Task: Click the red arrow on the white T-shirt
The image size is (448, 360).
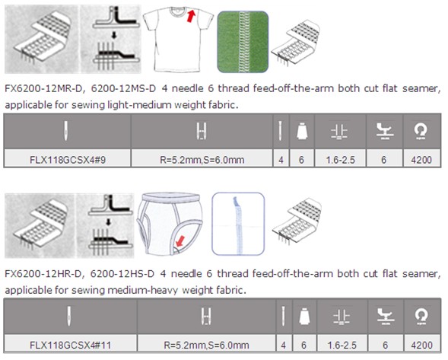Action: click(191, 16)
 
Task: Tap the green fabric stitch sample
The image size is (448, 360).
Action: click(243, 42)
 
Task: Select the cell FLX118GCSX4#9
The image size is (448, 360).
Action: click(68, 160)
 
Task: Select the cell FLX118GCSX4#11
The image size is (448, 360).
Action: click(70, 345)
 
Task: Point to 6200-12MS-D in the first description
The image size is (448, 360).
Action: click(123, 88)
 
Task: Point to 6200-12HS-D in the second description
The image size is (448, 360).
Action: click(122, 274)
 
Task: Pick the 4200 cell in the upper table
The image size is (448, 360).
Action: click(421, 160)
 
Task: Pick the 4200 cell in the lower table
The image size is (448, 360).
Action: click(422, 345)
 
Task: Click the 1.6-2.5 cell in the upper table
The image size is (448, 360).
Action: click(340, 160)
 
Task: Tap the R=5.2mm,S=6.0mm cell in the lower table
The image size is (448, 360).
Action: click(206, 345)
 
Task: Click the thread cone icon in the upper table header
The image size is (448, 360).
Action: click(302, 131)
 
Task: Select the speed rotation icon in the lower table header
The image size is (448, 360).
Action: click(421, 316)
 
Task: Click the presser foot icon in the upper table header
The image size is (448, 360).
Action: click(384, 131)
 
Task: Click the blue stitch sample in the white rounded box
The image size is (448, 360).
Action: click(238, 224)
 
